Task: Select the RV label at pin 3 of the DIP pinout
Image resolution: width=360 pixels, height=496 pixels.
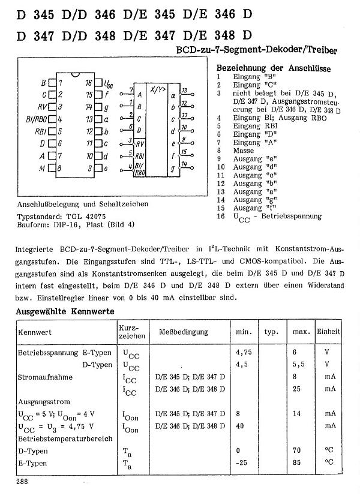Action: pos(42,106)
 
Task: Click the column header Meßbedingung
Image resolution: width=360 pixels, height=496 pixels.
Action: pos(183,332)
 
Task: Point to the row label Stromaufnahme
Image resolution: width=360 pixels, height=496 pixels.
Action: pos(45,377)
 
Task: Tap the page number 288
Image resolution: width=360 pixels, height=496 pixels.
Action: pos(22,482)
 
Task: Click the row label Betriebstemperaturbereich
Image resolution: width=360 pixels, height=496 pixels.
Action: pos(65,438)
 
